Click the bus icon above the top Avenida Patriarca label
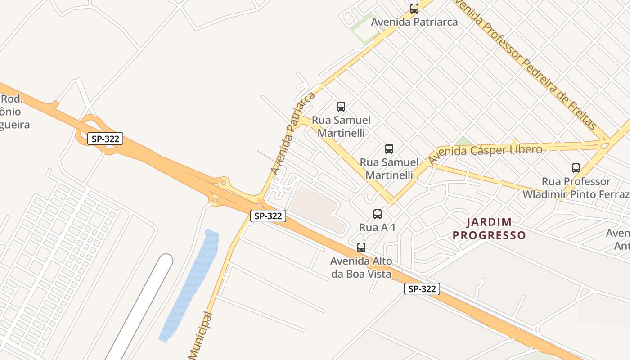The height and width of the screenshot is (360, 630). [414, 9]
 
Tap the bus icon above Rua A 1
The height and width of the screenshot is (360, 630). [378, 214]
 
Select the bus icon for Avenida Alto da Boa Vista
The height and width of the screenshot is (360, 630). [361, 247]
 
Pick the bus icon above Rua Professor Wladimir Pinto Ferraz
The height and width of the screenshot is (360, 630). [576, 169]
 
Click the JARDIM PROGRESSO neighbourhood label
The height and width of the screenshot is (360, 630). [489, 229]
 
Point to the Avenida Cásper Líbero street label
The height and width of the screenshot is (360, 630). [485, 153]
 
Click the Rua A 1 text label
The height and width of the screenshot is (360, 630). [377, 227]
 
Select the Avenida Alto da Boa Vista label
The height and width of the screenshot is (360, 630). [361, 267]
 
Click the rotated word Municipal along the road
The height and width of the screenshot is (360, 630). [201, 335]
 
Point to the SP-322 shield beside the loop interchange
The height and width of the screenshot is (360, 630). [105, 139]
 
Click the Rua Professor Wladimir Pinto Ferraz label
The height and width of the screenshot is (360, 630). [576, 188]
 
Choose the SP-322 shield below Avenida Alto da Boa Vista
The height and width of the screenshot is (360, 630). [422, 289]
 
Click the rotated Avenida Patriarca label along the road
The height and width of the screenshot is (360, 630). [292, 134]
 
